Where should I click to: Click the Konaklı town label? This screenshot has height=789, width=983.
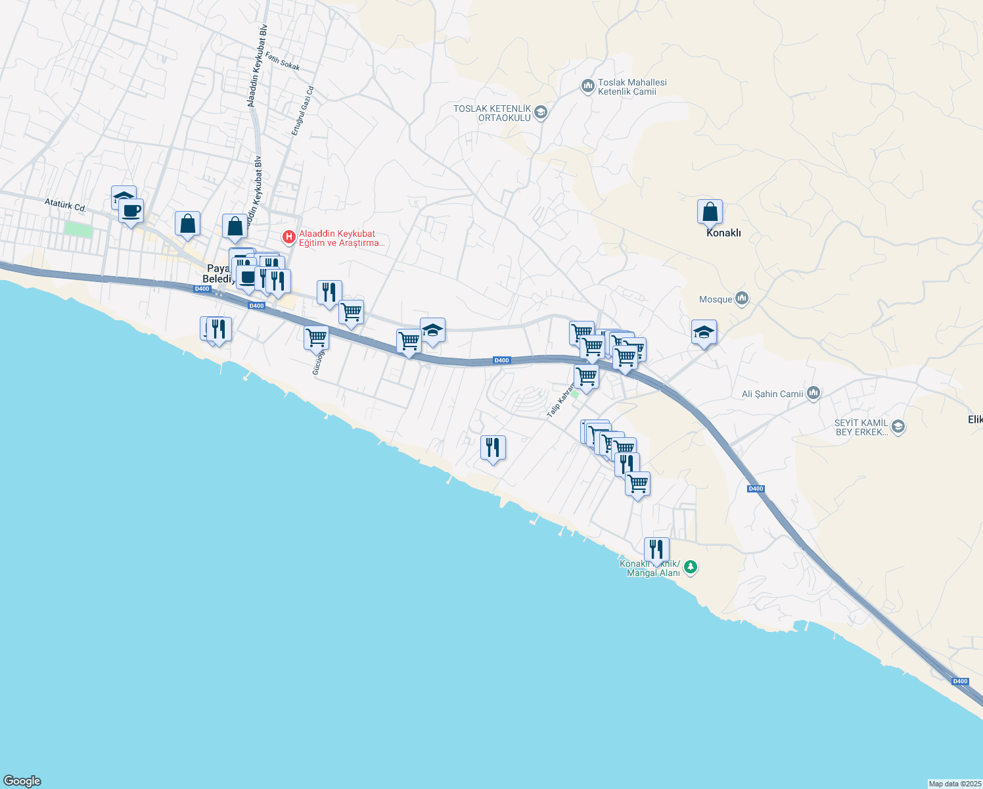[723, 233]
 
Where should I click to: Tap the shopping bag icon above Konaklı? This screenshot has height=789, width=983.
[710, 212]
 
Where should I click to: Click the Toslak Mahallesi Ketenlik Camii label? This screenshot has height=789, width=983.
[631, 87]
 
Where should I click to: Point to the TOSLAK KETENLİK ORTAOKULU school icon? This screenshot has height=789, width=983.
[541, 112]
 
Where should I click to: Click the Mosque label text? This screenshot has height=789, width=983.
[715, 299]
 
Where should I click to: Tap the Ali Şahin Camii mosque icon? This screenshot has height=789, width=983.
[814, 393]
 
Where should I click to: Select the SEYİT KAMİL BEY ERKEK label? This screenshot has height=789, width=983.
[861, 427]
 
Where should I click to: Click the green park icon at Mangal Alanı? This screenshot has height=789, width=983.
[690, 567]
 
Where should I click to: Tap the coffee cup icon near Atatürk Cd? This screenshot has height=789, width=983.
[131, 211]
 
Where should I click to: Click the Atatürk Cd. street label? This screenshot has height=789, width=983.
[65, 204]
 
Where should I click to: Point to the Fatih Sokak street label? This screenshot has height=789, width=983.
[283, 62]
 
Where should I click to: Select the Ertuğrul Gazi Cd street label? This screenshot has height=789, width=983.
[303, 111]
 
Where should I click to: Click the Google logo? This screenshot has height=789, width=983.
[22, 781]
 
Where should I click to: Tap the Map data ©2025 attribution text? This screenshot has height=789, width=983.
[955, 784]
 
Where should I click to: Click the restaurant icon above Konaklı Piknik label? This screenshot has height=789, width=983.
[656, 549]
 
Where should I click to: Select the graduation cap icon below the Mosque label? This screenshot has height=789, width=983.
[704, 333]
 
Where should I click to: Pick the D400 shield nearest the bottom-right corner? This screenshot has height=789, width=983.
[960, 681]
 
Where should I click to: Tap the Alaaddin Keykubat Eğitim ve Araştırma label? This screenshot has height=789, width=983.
[340, 238]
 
